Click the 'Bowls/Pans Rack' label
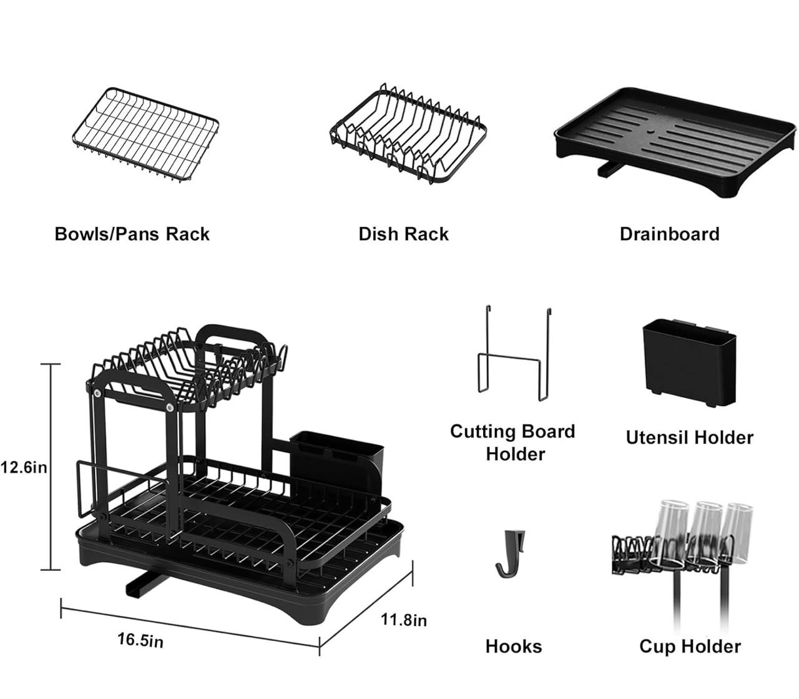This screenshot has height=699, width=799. click(x=132, y=234)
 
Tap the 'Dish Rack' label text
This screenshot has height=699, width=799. click(x=403, y=234)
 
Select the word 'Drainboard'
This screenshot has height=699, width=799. click(x=669, y=234)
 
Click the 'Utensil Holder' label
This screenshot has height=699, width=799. click(x=689, y=437)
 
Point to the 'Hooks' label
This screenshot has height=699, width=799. click(x=513, y=646)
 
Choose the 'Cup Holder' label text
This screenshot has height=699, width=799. click(x=690, y=646)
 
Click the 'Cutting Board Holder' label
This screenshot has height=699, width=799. click(x=513, y=442)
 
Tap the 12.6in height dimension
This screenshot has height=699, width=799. click(x=24, y=467)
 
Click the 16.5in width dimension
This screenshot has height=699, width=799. click(x=140, y=640)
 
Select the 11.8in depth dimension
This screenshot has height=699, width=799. click(x=404, y=620)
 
